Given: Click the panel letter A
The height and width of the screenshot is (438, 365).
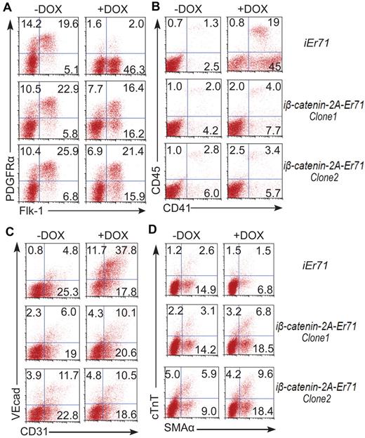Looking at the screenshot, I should coord(6,6).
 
